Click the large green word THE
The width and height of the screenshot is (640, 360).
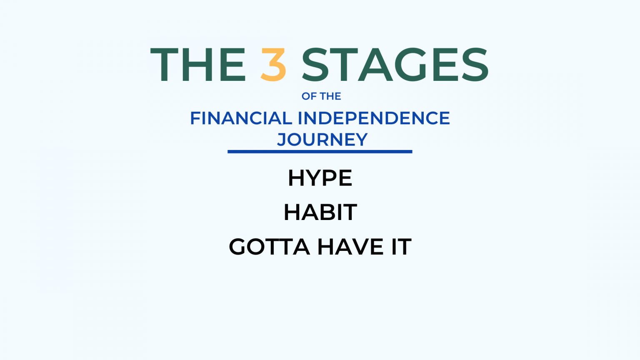pos(198,65)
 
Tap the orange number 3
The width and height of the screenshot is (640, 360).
pos(274,65)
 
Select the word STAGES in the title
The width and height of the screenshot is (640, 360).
pos(395,65)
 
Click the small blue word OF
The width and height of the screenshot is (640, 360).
pos(309,96)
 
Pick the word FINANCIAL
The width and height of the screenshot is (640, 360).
pos(241,118)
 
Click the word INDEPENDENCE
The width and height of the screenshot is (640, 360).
pos(374,118)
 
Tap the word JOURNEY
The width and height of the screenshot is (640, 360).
pos(322,140)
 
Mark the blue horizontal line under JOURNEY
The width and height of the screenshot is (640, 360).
pos(320,152)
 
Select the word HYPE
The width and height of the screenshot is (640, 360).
pos(320,178)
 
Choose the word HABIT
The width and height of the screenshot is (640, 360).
pos(320,212)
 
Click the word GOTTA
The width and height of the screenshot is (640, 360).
pos(269,247)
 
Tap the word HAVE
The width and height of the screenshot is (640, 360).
pos(350,247)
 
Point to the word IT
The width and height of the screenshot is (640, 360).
pos(401,247)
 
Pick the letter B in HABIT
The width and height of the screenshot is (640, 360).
pos(327,212)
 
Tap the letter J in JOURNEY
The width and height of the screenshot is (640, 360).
pos(282,140)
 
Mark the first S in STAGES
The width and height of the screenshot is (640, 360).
pos(315,65)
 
